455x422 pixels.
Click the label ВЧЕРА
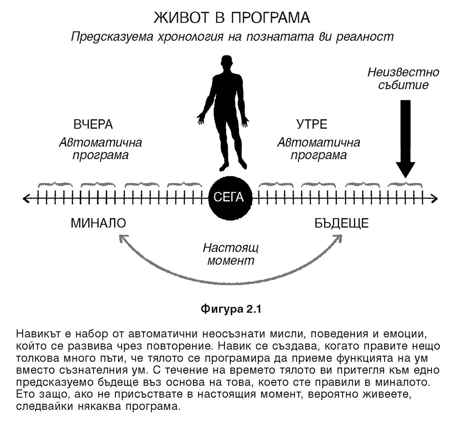(x=93, y=124)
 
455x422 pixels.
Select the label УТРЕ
(x=311, y=124)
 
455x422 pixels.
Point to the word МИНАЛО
(x=98, y=223)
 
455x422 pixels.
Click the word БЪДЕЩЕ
(x=341, y=223)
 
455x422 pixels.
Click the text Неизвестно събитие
(x=403, y=78)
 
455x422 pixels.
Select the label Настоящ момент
(x=231, y=254)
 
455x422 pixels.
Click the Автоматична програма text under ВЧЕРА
(x=100, y=149)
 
